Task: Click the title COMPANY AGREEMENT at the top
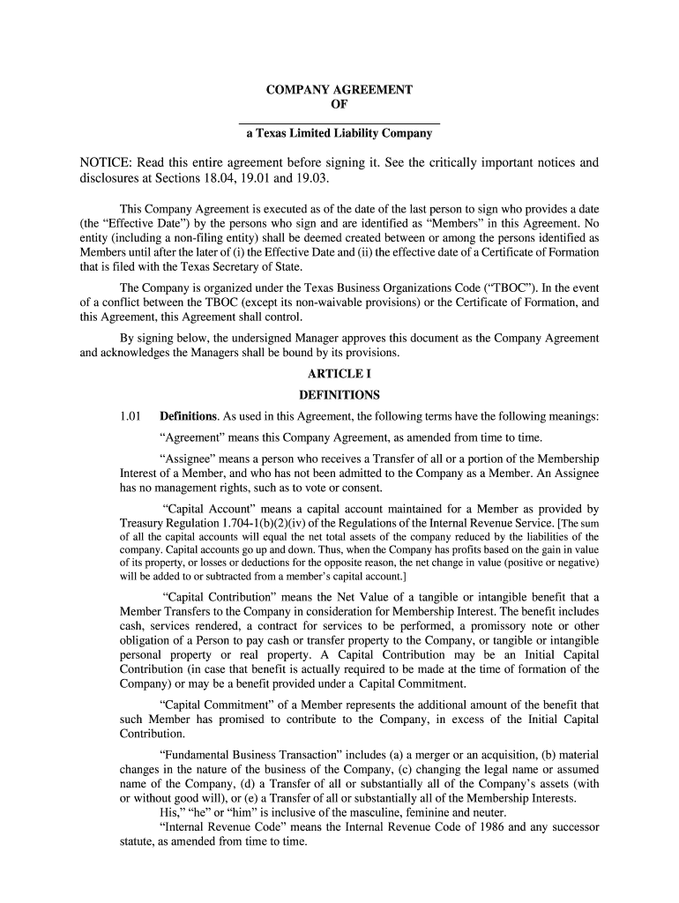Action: (339, 90)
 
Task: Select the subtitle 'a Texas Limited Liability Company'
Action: (339, 134)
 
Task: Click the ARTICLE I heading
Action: (339, 375)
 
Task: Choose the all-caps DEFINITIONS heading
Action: (339, 395)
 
